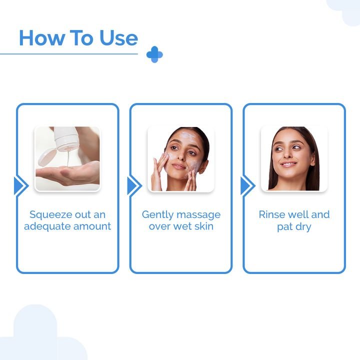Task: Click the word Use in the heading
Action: (x=118, y=38)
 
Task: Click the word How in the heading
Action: (x=42, y=38)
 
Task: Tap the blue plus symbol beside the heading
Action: (x=154, y=54)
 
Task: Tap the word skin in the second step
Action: (x=204, y=226)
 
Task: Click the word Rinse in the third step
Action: (x=272, y=214)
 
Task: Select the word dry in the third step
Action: (x=303, y=227)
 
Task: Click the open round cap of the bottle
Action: (x=47, y=157)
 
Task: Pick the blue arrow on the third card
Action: (x=247, y=185)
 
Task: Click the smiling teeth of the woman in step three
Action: (x=288, y=164)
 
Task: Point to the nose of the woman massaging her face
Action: (x=181, y=156)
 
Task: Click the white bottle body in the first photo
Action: (x=66, y=137)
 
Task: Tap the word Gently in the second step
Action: (x=157, y=215)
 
